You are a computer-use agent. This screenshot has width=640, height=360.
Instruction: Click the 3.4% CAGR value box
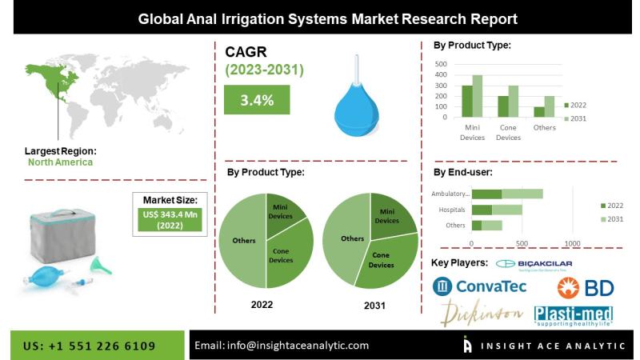point(258,100)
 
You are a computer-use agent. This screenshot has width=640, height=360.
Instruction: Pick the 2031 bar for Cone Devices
point(513,102)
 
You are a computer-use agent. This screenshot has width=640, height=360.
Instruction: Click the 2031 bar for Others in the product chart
point(549,107)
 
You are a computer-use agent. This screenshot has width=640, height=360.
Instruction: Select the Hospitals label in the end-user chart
point(452,210)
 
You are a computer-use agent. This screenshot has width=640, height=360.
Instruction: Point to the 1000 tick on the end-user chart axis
point(571,242)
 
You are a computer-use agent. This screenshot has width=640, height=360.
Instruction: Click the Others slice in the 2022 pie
point(242,241)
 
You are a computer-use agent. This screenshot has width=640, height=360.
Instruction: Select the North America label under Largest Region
point(61,162)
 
